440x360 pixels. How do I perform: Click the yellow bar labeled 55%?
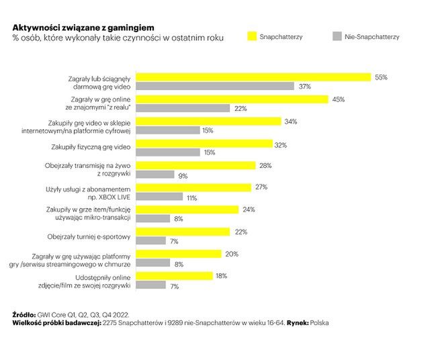pyautogui.click(x=253, y=77)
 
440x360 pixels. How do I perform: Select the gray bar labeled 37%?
pyautogui.click(x=215, y=86)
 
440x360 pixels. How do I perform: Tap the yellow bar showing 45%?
pyautogui.click(x=232, y=99)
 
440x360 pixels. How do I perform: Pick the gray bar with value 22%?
pyautogui.click(x=183, y=108)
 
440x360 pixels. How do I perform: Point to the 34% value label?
pyautogui.click(x=291, y=122)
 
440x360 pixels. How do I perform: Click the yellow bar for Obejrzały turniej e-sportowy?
pyautogui.click(x=184, y=232)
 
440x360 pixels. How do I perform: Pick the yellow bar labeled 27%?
pyautogui.click(x=193, y=187)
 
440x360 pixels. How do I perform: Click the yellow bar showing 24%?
pyautogui.click(x=187, y=210)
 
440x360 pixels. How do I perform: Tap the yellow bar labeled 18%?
pyautogui.click(x=175, y=275)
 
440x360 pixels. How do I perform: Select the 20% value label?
pyautogui.click(x=232, y=254)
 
